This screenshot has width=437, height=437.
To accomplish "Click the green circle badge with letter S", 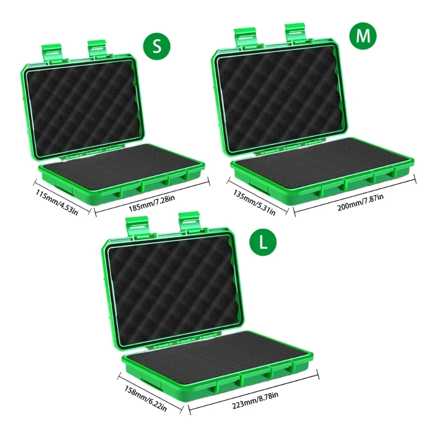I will coord(157,46).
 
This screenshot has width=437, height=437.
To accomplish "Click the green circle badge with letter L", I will coord(263,242).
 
